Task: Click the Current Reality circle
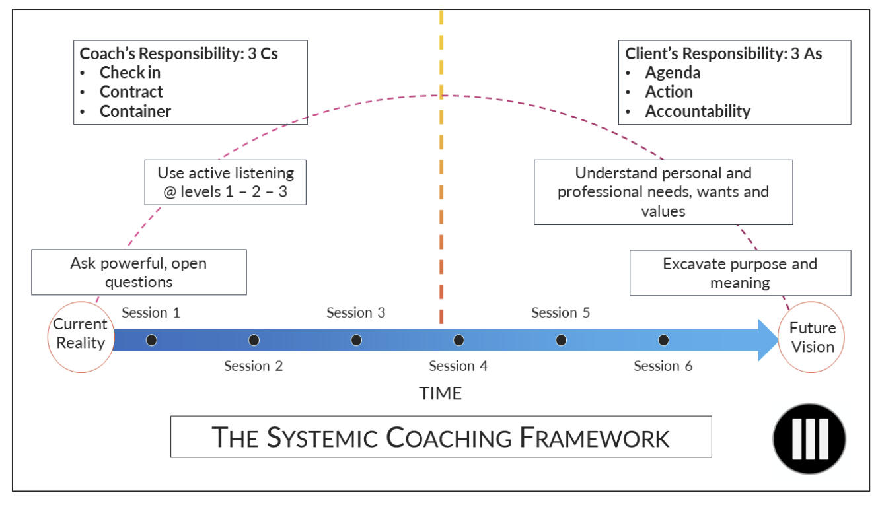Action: click(81, 333)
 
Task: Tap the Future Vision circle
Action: click(812, 337)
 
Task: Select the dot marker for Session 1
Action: click(151, 340)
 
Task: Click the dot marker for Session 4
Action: click(458, 340)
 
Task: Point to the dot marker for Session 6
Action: click(663, 340)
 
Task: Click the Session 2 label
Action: click(253, 366)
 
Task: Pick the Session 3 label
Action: click(355, 312)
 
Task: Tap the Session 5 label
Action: click(560, 312)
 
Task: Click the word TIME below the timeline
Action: click(440, 393)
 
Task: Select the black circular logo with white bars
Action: click(809, 438)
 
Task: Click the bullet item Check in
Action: click(130, 73)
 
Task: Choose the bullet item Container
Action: click(135, 111)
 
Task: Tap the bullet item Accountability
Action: click(697, 111)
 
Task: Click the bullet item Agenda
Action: click(673, 73)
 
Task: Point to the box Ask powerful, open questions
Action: click(139, 272)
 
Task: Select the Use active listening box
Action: click(225, 182)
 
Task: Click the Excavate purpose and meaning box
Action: click(739, 273)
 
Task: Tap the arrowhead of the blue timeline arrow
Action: click(767, 340)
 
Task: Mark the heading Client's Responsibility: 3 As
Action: click(723, 53)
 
